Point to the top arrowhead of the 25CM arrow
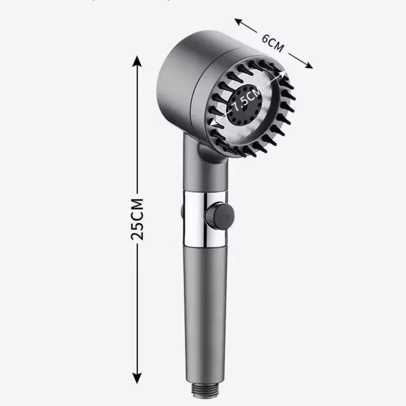[136, 60]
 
